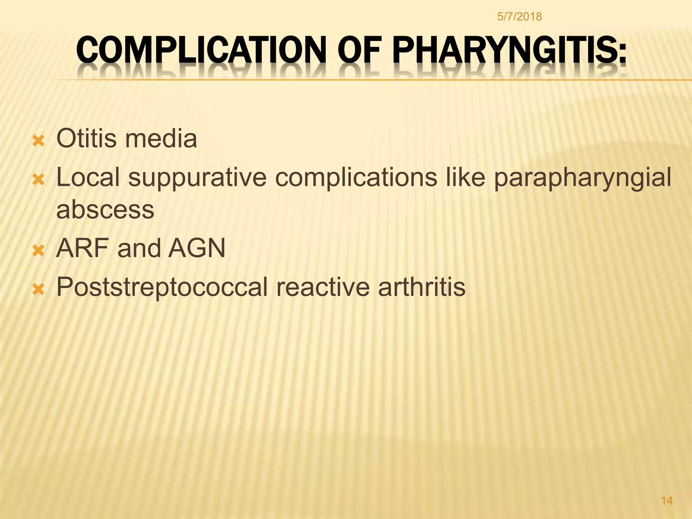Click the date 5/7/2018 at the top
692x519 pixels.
pos(519,17)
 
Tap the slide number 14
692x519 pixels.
pos(667,501)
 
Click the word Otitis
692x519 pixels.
pos(86,139)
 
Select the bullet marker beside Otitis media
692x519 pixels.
pos(38,141)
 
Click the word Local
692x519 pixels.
pos(88,178)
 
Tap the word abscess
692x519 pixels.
pos(105,210)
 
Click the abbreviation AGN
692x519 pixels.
pos(197,248)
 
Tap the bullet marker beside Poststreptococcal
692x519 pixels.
pos(38,290)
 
